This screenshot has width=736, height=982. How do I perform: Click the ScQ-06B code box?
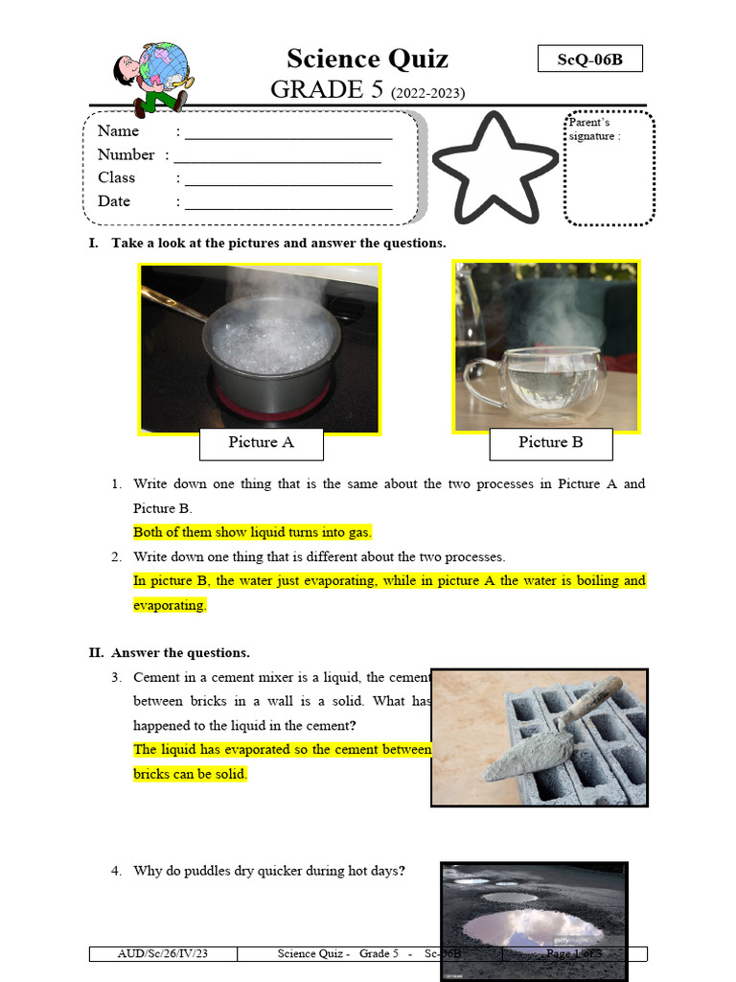click(589, 59)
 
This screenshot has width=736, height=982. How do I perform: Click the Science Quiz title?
click(367, 58)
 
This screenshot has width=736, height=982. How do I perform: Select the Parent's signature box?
click(609, 169)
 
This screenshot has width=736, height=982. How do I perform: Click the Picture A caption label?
click(261, 443)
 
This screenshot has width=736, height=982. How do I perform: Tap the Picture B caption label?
click(550, 443)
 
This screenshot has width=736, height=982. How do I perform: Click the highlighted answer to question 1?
click(252, 532)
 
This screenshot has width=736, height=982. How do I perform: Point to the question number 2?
click(115, 557)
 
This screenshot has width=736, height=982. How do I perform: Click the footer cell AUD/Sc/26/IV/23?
click(162, 954)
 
